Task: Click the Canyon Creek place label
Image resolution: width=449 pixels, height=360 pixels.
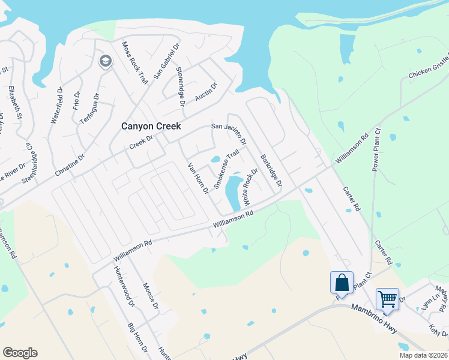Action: [x=151, y=126]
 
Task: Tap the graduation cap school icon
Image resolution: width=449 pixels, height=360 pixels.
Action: [x=105, y=61]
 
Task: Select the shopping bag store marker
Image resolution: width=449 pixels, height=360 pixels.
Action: [x=340, y=282]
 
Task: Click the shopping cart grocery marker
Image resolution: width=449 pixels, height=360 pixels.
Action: [x=387, y=299]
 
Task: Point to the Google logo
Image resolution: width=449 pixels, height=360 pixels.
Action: [x=20, y=353]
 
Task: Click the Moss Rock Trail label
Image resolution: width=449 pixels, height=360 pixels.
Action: [x=135, y=62]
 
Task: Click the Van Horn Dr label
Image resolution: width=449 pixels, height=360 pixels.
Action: [x=197, y=178]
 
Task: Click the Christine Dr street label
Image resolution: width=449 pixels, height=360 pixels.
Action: [x=70, y=163]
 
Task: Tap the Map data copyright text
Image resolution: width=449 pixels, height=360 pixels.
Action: [x=423, y=355]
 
